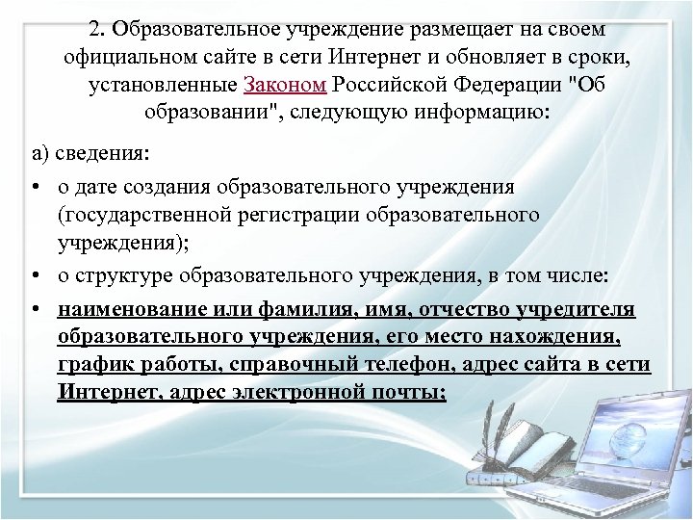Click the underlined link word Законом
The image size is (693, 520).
(x=287, y=84)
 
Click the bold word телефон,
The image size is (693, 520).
(x=411, y=364)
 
